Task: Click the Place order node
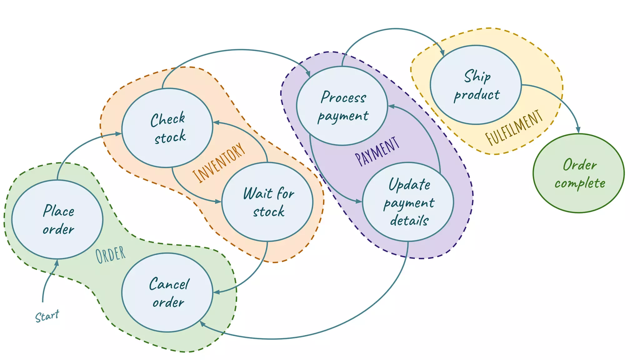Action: point(57,219)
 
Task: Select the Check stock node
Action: point(167,128)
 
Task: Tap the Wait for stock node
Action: point(267,202)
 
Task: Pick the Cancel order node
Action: point(167,292)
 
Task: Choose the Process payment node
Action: point(342,106)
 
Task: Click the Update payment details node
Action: point(408,202)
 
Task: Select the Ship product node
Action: point(476,85)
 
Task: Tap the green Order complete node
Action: point(578,173)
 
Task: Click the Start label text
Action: point(47,316)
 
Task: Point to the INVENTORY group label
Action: point(219,162)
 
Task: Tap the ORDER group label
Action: point(111,255)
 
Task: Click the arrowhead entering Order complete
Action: point(578,130)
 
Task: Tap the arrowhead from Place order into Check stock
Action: point(118,134)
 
